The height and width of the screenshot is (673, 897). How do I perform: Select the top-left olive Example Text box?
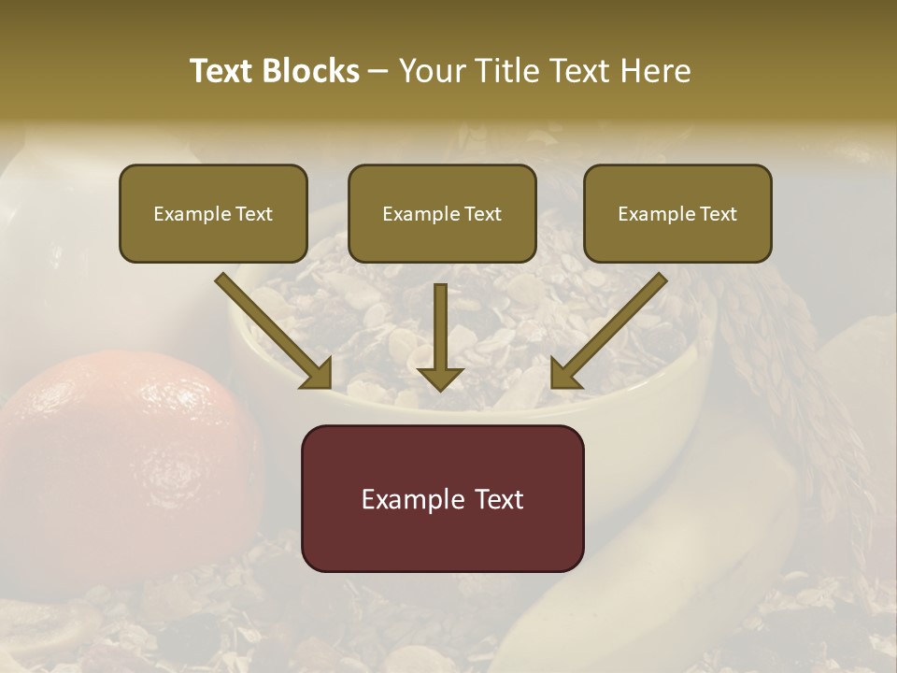coord(213,213)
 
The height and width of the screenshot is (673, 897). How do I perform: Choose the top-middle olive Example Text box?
coord(442,213)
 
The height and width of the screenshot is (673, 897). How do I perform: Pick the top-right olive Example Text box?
coord(677,213)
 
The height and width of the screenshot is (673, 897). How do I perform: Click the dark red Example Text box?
coord(442,498)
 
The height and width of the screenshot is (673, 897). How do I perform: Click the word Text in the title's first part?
coord(221,71)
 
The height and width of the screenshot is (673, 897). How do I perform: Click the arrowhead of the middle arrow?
coord(440,378)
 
